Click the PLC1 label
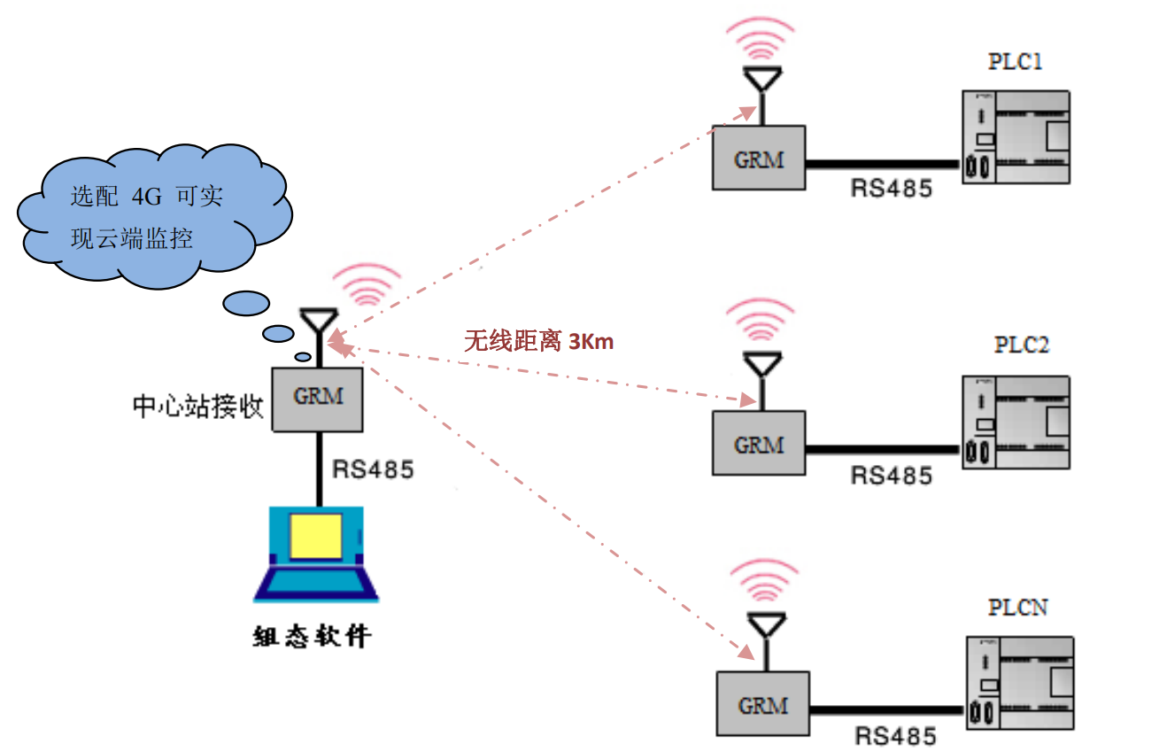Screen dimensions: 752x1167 [1015, 61]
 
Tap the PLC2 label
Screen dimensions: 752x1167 [1021, 345]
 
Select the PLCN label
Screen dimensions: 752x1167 [1018, 608]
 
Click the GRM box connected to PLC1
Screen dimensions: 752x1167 [759, 158]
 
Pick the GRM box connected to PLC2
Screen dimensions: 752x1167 [759, 443]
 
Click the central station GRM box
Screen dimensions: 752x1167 [318, 399]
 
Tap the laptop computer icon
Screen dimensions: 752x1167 [316, 554]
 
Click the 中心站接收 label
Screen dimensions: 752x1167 [198, 407]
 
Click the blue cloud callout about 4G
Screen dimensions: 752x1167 [151, 218]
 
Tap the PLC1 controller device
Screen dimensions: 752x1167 [1016, 137]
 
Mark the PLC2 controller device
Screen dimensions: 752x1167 [1016, 423]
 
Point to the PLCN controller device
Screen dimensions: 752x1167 [1017, 684]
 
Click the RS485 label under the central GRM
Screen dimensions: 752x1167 [373, 469]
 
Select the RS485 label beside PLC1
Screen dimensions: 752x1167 [891, 188]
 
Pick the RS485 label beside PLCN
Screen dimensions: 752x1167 [895, 736]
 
